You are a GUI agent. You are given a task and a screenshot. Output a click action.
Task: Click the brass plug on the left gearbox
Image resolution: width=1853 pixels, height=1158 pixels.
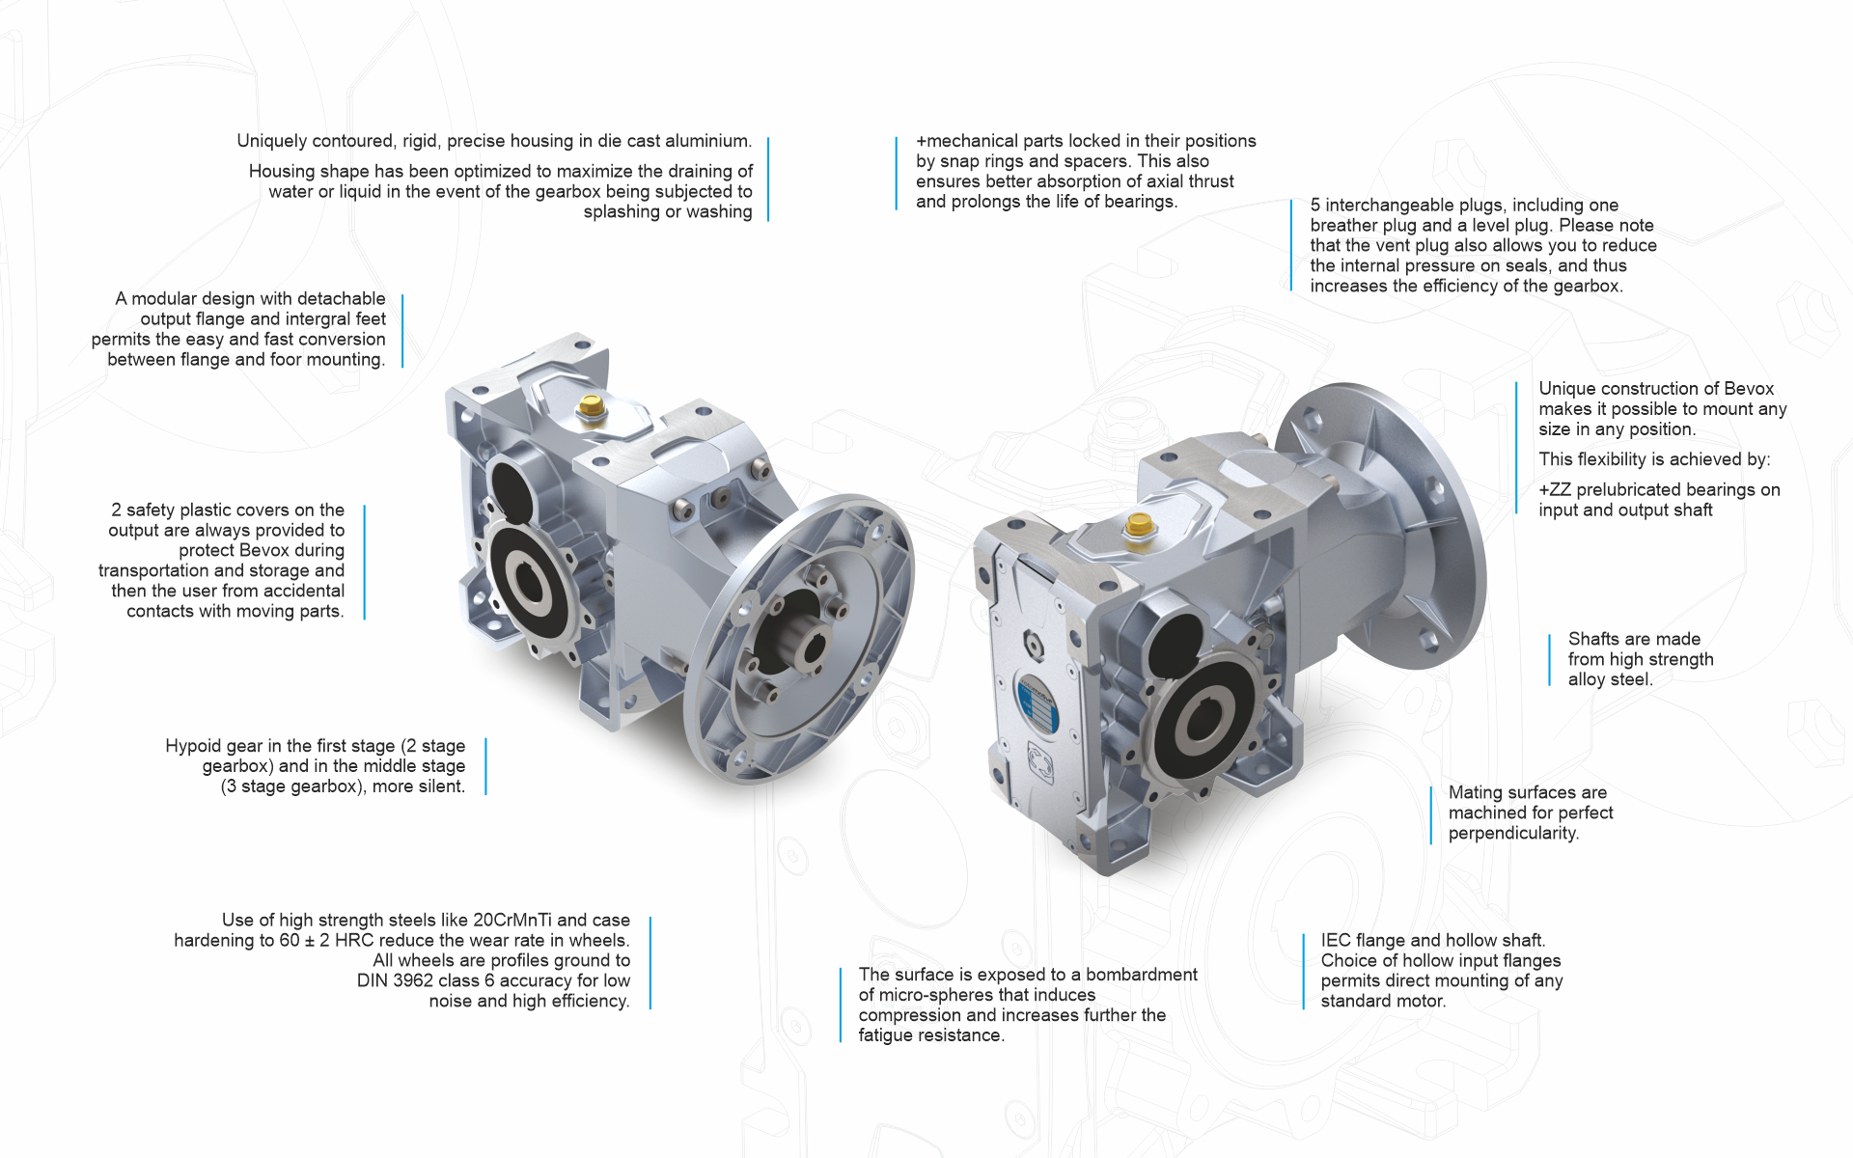pos(590,407)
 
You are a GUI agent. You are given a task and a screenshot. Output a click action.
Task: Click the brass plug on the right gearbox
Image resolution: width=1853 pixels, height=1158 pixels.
pos(1140,527)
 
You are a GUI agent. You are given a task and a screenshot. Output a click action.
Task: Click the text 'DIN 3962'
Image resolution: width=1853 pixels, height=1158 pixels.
pos(392,980)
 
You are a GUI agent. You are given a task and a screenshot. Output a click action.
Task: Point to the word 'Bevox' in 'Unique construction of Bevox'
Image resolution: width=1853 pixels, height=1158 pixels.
pos(1749,389)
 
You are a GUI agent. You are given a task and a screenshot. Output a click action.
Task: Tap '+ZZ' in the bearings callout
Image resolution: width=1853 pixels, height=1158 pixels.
pos(1555,490)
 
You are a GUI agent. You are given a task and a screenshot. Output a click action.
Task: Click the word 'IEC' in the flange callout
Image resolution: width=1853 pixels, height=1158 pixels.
pos(1336,940)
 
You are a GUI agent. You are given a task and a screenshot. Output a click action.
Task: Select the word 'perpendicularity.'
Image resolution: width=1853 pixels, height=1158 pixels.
pos(1513,834)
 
